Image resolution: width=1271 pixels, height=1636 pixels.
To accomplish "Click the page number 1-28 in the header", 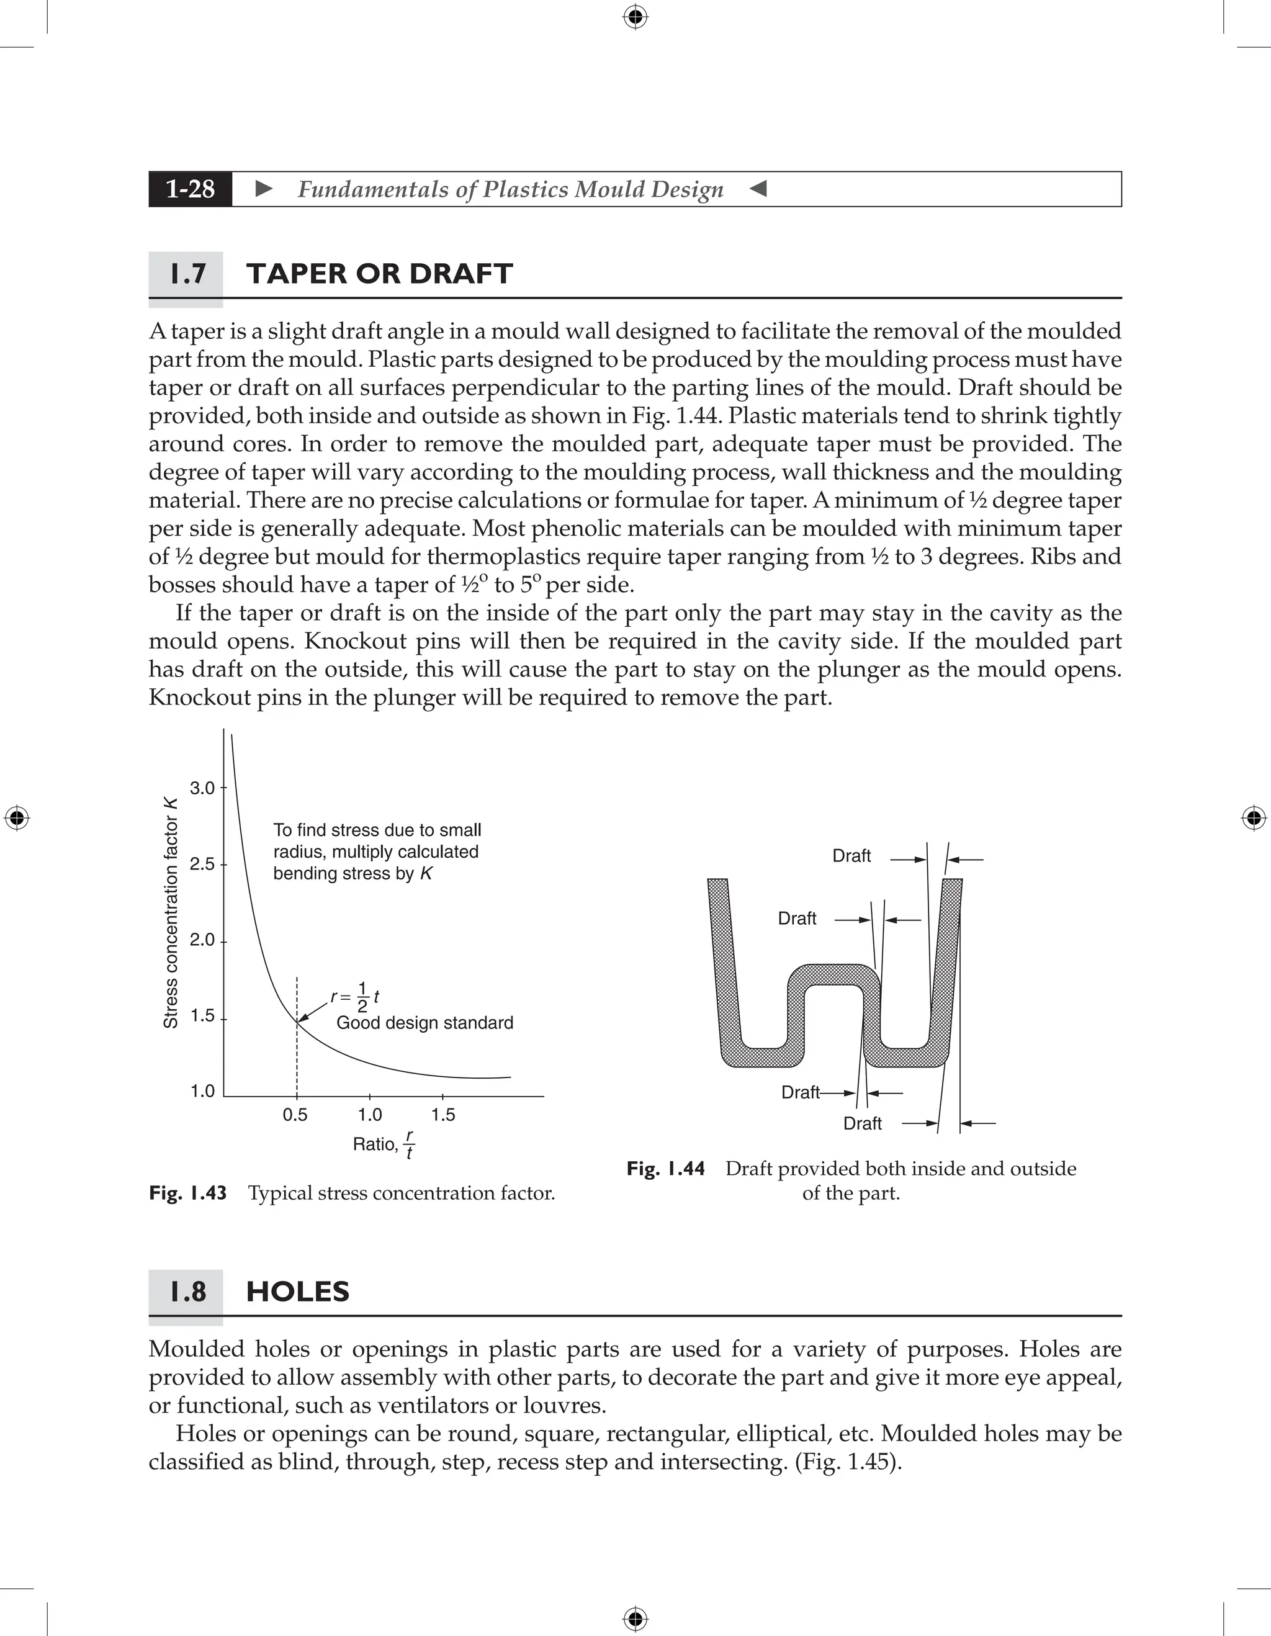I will click(x=191, y=189).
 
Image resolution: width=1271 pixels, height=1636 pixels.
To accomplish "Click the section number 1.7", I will click(x=187, y=274).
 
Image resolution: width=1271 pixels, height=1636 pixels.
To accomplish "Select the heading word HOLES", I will click(x=297, y=1292).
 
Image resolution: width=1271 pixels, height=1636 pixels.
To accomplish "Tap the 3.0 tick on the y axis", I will click(x=202, y=788).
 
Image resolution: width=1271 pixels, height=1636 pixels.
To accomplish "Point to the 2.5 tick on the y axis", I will click(x=202, y=865).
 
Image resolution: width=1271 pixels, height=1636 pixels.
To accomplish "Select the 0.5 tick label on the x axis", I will click(x=295, y=1115).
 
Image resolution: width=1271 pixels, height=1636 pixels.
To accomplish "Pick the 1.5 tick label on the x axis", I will click(x=442, y=1115).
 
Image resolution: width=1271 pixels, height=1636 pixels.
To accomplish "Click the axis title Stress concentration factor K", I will click(x=171, y=913).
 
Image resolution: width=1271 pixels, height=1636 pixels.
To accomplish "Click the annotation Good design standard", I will click(x=424, y=1023).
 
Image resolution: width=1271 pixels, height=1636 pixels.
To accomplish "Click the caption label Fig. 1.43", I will click(x=188, y=1193).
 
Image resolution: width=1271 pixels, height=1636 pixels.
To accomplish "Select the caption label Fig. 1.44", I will click(x=666, y=1169).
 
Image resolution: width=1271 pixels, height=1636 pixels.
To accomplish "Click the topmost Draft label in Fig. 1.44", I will click(x=851, y=856).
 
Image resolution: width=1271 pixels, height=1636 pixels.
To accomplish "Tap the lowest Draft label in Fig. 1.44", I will click(x=862, y=1123).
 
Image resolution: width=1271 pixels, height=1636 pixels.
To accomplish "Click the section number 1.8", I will click(x=187, y=1292).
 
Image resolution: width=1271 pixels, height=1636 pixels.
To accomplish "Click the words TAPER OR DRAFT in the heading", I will click(x=379, y=274).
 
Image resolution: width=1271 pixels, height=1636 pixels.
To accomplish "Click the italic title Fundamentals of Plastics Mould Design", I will click(x=511, y=189).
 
